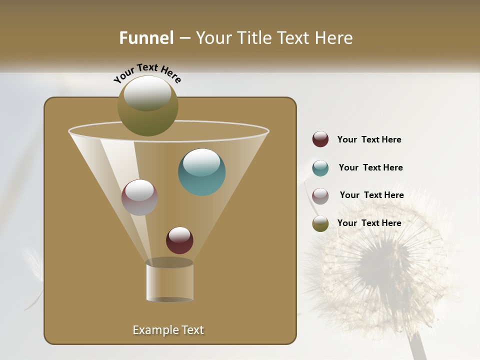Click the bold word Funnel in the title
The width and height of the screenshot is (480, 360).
click(x=146, y=38)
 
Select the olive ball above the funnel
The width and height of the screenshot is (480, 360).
click(x=147, y=106)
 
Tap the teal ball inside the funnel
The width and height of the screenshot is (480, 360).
click(x=201, y=172)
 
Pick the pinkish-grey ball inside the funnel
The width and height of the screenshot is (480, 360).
click(x=139, y=197)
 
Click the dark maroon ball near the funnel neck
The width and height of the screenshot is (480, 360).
click(x=179, y=240)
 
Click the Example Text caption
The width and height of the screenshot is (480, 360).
click(x=168, y=330)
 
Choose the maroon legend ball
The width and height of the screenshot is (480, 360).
click(x=320, y=139)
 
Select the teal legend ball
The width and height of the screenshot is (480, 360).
click(x=320, y=168)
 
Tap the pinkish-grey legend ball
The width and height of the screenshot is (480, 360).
click(x=320, y=196)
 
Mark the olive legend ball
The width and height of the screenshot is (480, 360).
click(x=320, y=223)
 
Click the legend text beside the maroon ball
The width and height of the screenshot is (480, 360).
click(x=369, y=139)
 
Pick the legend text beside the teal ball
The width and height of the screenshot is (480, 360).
click(x=370, y=167)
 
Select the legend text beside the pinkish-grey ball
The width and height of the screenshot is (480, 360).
click(x=371, y=195)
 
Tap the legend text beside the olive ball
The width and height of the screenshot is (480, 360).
click(x=369, y=223)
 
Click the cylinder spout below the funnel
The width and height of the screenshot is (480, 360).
click(x=169, y=281)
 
